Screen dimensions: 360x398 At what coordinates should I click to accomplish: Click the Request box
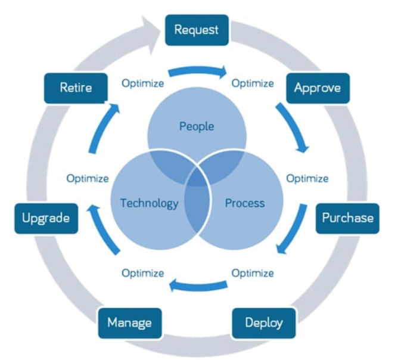tap(196, 29)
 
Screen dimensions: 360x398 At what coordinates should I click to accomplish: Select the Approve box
tap(317, 88)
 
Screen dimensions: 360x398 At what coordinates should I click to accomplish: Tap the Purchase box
tap(347, 218)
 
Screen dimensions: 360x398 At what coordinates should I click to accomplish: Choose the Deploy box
tap(263, 323)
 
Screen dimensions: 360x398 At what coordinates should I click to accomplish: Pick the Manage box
tap(129, 323)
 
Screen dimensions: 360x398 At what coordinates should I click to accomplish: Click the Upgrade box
tap(46, 218)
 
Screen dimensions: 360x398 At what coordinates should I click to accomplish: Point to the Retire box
tap(76, 88)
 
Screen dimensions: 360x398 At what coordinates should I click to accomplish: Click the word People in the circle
tap(197, 126)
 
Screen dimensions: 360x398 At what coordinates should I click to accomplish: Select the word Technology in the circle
tap(149, 203)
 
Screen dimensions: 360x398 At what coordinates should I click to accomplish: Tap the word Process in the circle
tap(244, 203)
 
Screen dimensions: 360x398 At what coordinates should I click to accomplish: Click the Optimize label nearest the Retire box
tap(142, 83)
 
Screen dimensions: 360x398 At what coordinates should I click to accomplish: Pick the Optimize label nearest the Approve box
tap(253, 83)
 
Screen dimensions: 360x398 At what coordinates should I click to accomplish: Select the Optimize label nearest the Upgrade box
tap(88, 178)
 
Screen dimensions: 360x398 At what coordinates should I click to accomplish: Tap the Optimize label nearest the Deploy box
tap(253, 273)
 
